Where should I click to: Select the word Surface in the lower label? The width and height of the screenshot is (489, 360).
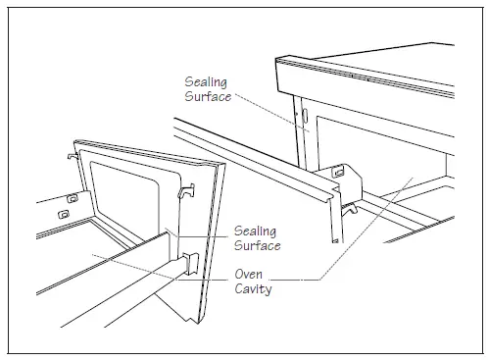[x=257, y=245]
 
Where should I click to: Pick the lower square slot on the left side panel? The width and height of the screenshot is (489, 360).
[x=63, y=212]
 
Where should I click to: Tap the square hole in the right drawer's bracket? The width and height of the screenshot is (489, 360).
[x=338, y=172]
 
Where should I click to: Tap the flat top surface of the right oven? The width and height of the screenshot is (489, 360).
[x=392, y=59]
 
